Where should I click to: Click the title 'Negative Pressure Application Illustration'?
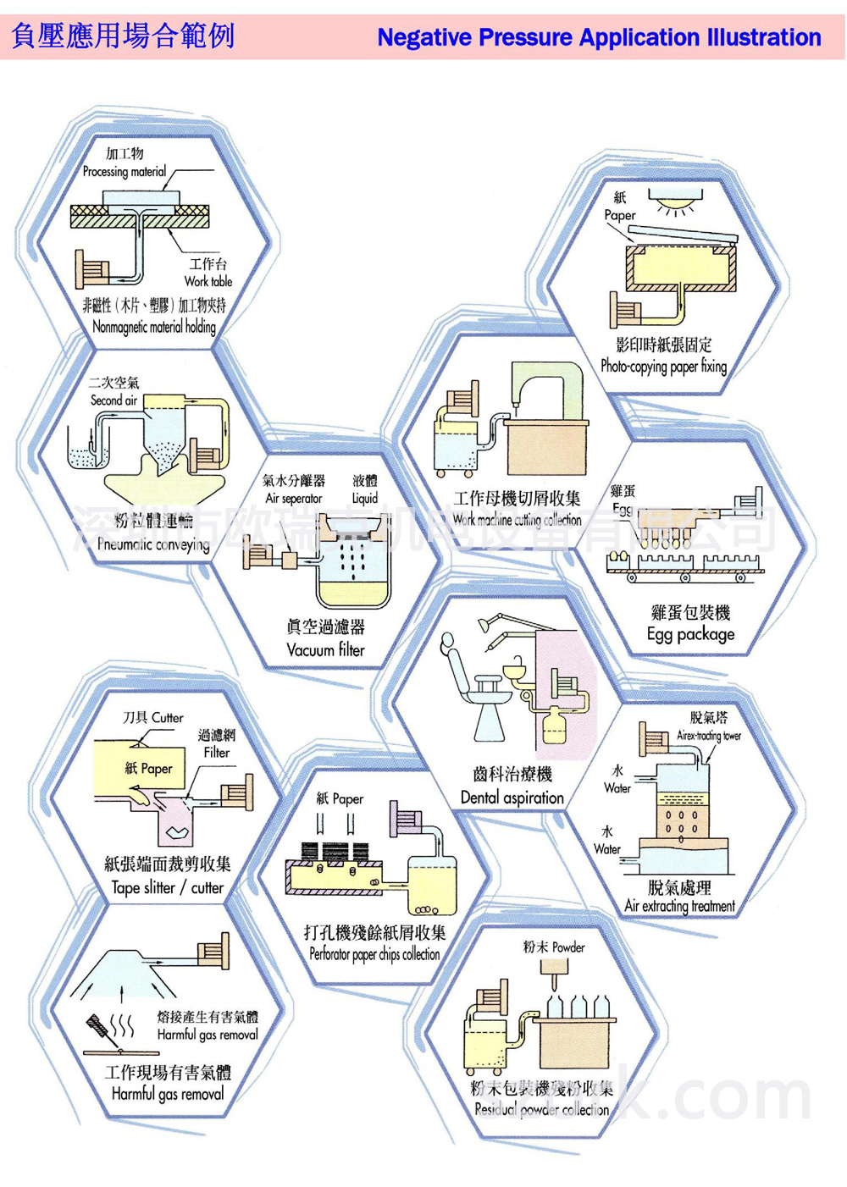click(x=599, y=37)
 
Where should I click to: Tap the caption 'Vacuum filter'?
click(x=325, y=650)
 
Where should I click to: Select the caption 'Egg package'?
click(x=690, y=634)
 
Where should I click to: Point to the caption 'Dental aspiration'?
click(x=512, y=798)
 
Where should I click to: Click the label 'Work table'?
click(x=208, y=281)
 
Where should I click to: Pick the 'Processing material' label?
click(x=125, y=171)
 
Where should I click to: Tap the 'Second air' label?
click(x=113, y=400)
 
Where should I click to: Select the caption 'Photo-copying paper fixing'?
click(x=663, y=367)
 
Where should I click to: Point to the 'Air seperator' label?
click(x=294, y=499)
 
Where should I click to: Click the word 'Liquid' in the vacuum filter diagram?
click(x=365, y=499)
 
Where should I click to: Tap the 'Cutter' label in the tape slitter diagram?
click(x=167, y=718)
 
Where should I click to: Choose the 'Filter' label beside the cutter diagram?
click(x=217, y=752)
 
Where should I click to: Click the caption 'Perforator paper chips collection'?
click(x=374, y=954)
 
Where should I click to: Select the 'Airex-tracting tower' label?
click(x=708, y=736)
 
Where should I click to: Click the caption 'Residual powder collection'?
click(x=541, y=1109)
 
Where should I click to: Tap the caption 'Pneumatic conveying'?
click(x=153, y=544)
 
